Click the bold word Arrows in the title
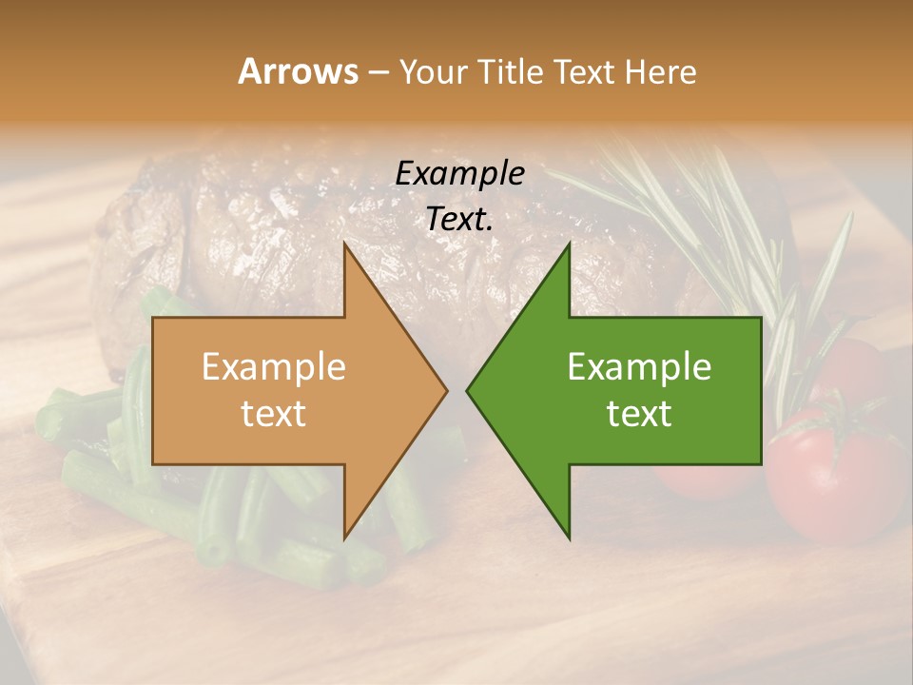[x=298, y=71]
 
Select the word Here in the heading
[x=662, y=71]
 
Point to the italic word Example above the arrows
[x=459, y=173]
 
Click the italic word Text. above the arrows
[x=459, y=219]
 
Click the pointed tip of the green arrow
[x=470, y=390]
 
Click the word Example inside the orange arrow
[x=273, y=367]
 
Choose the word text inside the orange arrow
[x=273, y=414]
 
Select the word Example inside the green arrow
[x=639, y=367]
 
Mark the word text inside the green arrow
[x=639, y=414]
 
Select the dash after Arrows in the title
[x=378, y=73]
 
